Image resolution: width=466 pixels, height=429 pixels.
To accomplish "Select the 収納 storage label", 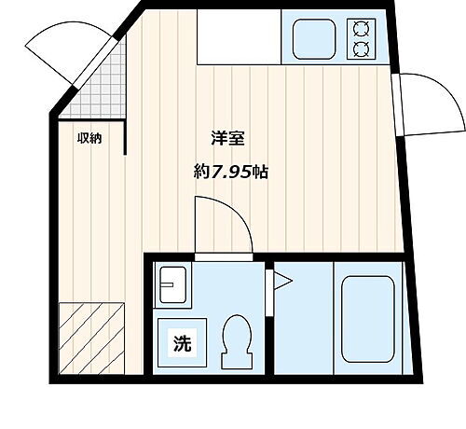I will (x=89, y=139).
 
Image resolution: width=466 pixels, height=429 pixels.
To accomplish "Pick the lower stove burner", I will (x=361, y=48).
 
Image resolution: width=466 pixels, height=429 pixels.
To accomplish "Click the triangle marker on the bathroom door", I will (x=277, y=284).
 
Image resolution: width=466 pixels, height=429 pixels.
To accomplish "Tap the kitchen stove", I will (x=361, y=38).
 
